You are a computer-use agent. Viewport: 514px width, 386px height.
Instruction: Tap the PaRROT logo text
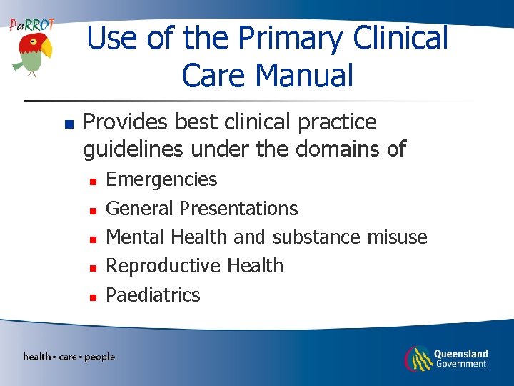click(x=31, y=24)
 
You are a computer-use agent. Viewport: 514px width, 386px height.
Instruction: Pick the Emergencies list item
click(x=161, y=179)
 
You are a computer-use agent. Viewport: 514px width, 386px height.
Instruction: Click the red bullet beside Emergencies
click(x=92, y=181)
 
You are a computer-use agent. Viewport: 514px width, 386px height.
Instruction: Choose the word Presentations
click(x=238, y=209)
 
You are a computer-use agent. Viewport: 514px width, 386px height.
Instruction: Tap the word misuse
click(x=397, y=237)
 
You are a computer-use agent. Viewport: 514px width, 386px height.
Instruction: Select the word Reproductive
click(x=163, y=266)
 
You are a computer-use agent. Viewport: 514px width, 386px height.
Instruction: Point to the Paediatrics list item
click(x=153, y=295)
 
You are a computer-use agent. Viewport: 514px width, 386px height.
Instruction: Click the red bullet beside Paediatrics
click(x=92, y=296)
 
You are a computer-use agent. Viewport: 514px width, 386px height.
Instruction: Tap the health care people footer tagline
click(x=69, y=357)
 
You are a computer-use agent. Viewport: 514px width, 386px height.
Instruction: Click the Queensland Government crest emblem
click(x=418, y=358)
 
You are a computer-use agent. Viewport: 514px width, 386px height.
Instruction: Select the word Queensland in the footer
click(x=461, y=354)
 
